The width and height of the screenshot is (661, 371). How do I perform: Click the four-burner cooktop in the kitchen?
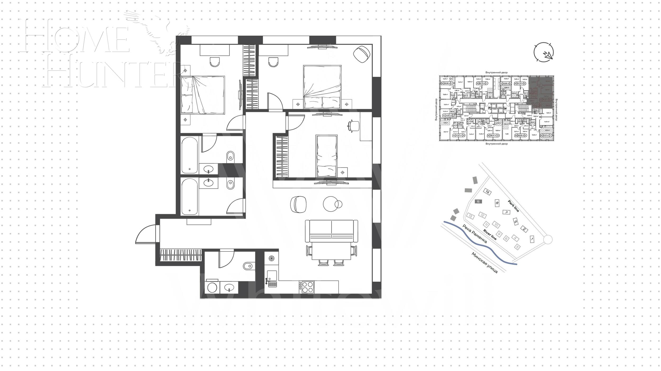tap(306, 287)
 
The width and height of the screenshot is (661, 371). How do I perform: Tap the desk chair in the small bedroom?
tap(354, 126)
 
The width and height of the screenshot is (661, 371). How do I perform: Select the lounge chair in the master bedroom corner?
tap(361, 54)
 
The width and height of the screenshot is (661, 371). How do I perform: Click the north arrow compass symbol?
tap(544, 52)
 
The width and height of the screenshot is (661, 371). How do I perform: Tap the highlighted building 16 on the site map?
tap(478, 201)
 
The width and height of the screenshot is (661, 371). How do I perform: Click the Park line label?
tap(513, 206)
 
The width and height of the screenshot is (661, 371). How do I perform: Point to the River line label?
tap(490, 235)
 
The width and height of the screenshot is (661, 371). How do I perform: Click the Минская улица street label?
tap(485, 263)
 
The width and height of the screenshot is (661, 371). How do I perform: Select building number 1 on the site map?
tap(532, 240)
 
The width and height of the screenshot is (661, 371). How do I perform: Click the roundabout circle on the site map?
tap(548, 240)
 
